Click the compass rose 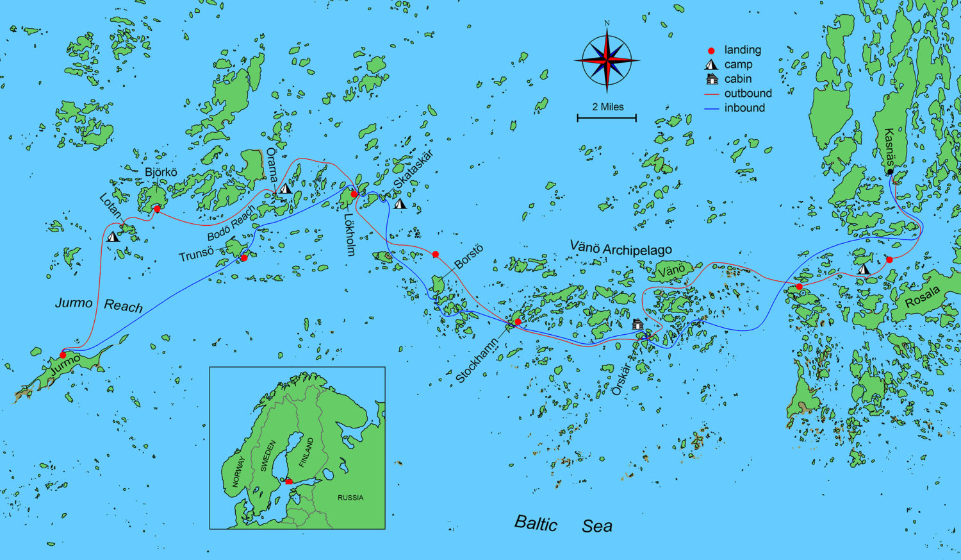coord(607,60)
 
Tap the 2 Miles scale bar coord(607,117)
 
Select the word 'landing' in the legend coord(743,50)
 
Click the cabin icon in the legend coord(711,79)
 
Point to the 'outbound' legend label coord(748,94)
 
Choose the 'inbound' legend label coord(744,108)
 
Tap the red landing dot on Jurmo coord(63,355)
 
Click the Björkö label coord(161,173)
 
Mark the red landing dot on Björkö coord(157,208)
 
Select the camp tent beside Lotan coord(113,236)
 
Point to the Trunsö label coord(196,255)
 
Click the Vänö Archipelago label coord(620,249)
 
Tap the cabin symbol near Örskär coord(637,324)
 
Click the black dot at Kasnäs coord(890,172)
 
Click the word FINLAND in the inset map coord(307,452)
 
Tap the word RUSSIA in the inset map coord(350,497)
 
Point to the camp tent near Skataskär coord(400,204)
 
